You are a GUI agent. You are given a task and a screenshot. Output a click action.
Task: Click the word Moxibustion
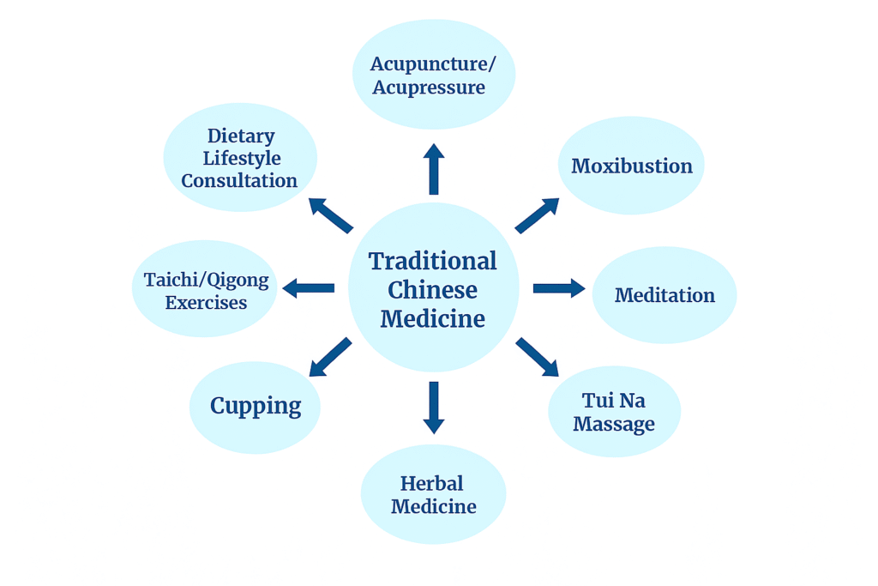pyautogui.click(x=632, y=166)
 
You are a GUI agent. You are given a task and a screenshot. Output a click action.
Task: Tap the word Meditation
pyautogui.click(x=665, y=295)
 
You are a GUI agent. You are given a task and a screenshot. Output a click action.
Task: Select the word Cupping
pyautogui.click(x=256, y=406)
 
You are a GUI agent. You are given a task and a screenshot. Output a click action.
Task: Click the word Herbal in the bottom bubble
pyautogui.click(x=433, y=483)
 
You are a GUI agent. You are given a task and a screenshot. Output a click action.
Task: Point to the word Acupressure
pyautogui.click(x=429, y=88)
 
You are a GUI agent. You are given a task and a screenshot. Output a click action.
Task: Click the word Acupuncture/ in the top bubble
pyautogui.click(x=431, y=64)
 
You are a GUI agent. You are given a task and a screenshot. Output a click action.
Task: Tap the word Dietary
pyautogui.click(x=241, y=136)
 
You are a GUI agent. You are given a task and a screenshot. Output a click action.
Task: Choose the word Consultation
pyautogui.click(x=239, y=181)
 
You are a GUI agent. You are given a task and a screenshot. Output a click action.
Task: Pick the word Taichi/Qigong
pyautogui.click(x=207, y=281)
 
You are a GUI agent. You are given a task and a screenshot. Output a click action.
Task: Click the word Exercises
pyautogui.click(x=206, y=303)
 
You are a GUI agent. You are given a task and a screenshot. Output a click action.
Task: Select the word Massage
pyautogui.click(x=614, y=424)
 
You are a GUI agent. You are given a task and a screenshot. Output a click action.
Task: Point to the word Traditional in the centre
pyautogui.click(x=433, y=261)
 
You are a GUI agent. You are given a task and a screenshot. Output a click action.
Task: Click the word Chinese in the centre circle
pyautogui.click(x=433, y=290)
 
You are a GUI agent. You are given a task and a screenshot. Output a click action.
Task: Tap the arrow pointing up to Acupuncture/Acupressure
pyautogui.click(x=434, y=168)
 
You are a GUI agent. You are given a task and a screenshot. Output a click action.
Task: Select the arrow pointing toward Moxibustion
pyautogui.click(x=537, y=215)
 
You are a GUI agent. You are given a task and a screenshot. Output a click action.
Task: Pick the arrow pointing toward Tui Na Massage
pyautogui.click(x=538, y=357)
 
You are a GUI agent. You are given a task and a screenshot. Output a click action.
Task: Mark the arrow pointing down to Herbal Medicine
pyautogui.click(x=434, y=407)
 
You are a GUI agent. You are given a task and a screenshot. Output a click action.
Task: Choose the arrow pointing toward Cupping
pyautogui.click(x=330, y=357)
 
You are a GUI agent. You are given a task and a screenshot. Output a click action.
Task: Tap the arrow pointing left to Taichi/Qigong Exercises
pyautogui.click(x=309, y=288)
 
